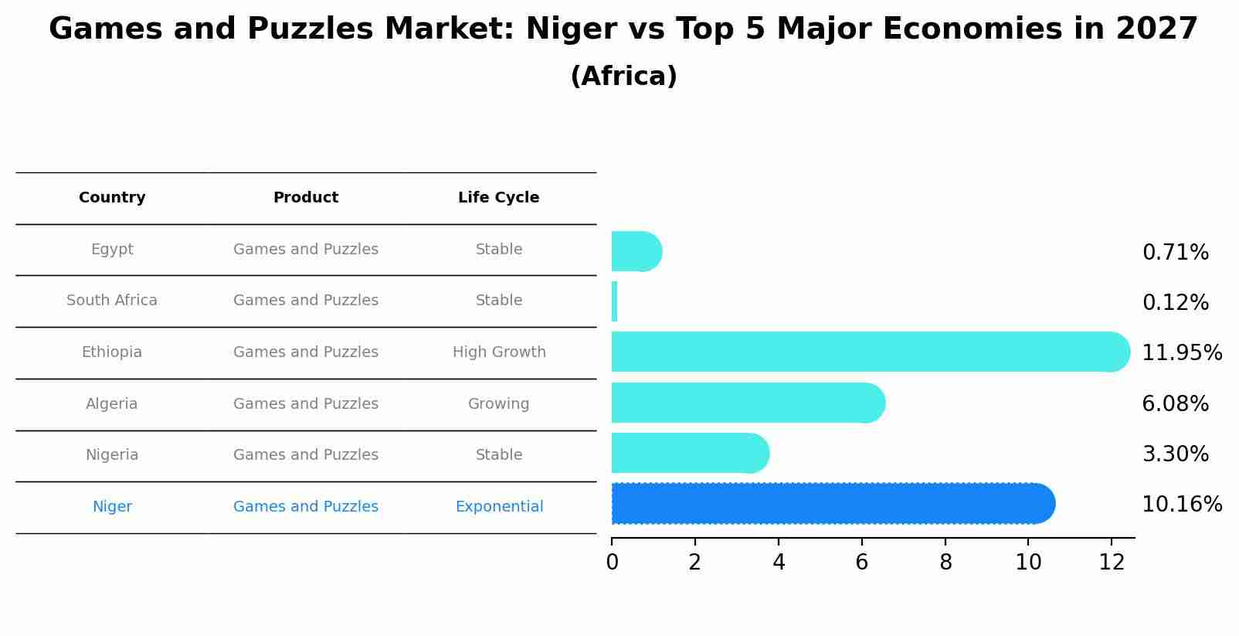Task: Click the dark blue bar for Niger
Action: coord(833,504)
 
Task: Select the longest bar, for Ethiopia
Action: coord(870,352)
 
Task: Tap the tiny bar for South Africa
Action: coord(615,302)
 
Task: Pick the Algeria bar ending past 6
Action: coord(748,403)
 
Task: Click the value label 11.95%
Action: coord(1181,353)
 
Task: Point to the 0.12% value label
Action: coord(1175,303)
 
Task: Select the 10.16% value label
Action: coord(1181,505)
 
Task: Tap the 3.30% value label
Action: coord(1175,454)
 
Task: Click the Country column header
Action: coord(112,198)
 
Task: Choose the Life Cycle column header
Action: coord(498,198)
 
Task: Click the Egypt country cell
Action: coord(112,250)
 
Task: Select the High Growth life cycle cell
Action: coord(499,352)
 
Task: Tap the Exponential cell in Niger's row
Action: coord(499,507)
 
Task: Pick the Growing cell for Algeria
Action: coord(498,404)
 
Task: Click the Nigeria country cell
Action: coord(112,455)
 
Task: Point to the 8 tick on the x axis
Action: coord(945,562)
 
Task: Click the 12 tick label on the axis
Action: coord(1112,562)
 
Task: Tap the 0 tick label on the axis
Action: coord(612,562)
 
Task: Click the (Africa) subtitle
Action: coord(623,77)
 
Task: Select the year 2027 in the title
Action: coord(1156,29)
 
